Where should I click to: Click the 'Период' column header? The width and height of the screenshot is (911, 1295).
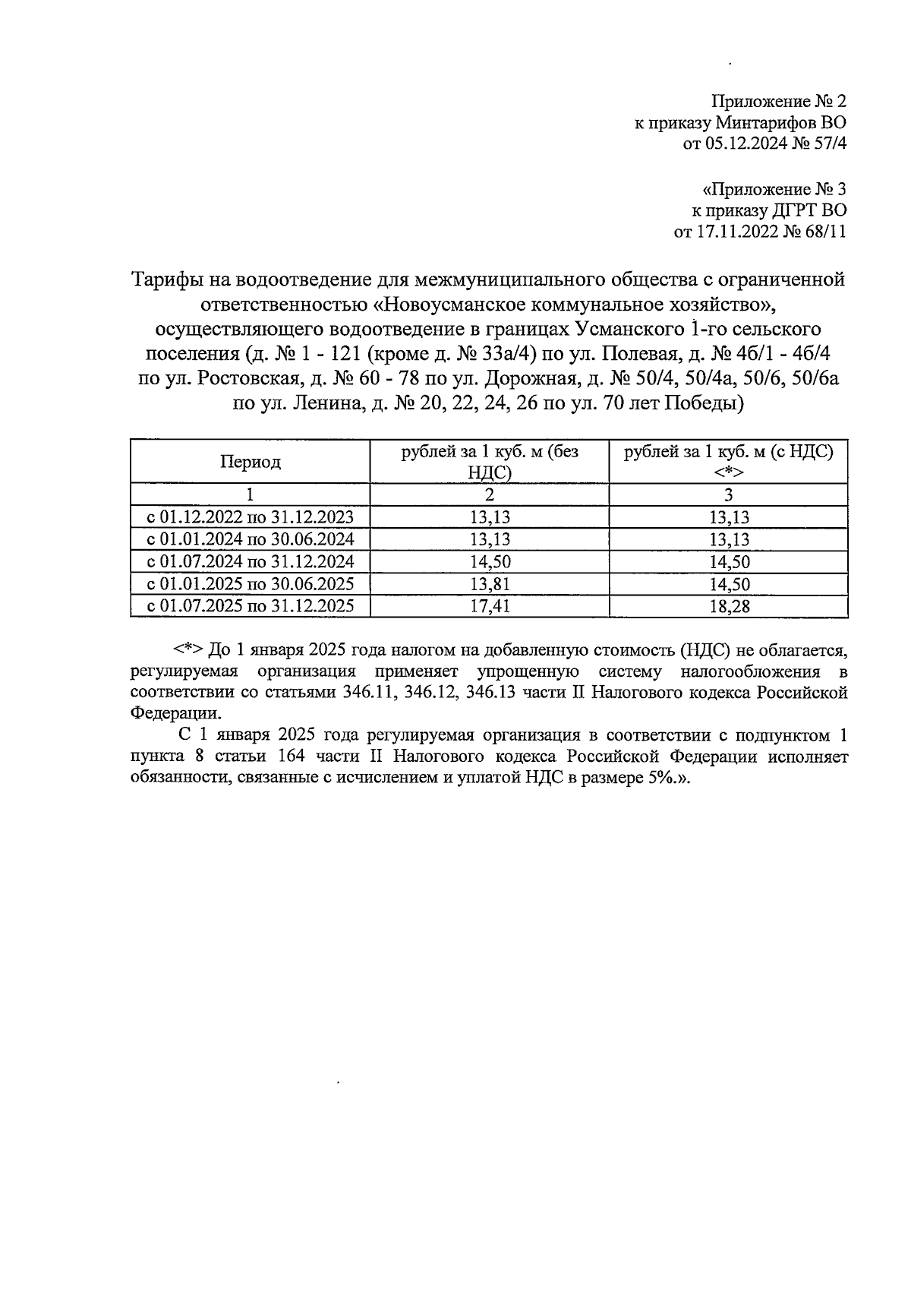coord(251,462)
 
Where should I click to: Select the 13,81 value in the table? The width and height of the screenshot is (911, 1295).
coord(490,584)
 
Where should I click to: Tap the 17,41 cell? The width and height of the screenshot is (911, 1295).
coord(490,606)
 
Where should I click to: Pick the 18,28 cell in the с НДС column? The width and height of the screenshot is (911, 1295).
coord(728,606)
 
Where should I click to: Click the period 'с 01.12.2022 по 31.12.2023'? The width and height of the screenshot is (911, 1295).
coord(251,518)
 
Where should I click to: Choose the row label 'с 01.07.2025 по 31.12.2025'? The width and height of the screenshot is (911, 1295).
coord(251,606)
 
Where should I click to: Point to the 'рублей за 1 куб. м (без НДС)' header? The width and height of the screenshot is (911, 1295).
coord(490,462)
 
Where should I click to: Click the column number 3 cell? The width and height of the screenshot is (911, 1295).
coord(728,495)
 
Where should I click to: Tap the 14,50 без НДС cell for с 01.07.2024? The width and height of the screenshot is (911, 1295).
coord(490,562)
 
